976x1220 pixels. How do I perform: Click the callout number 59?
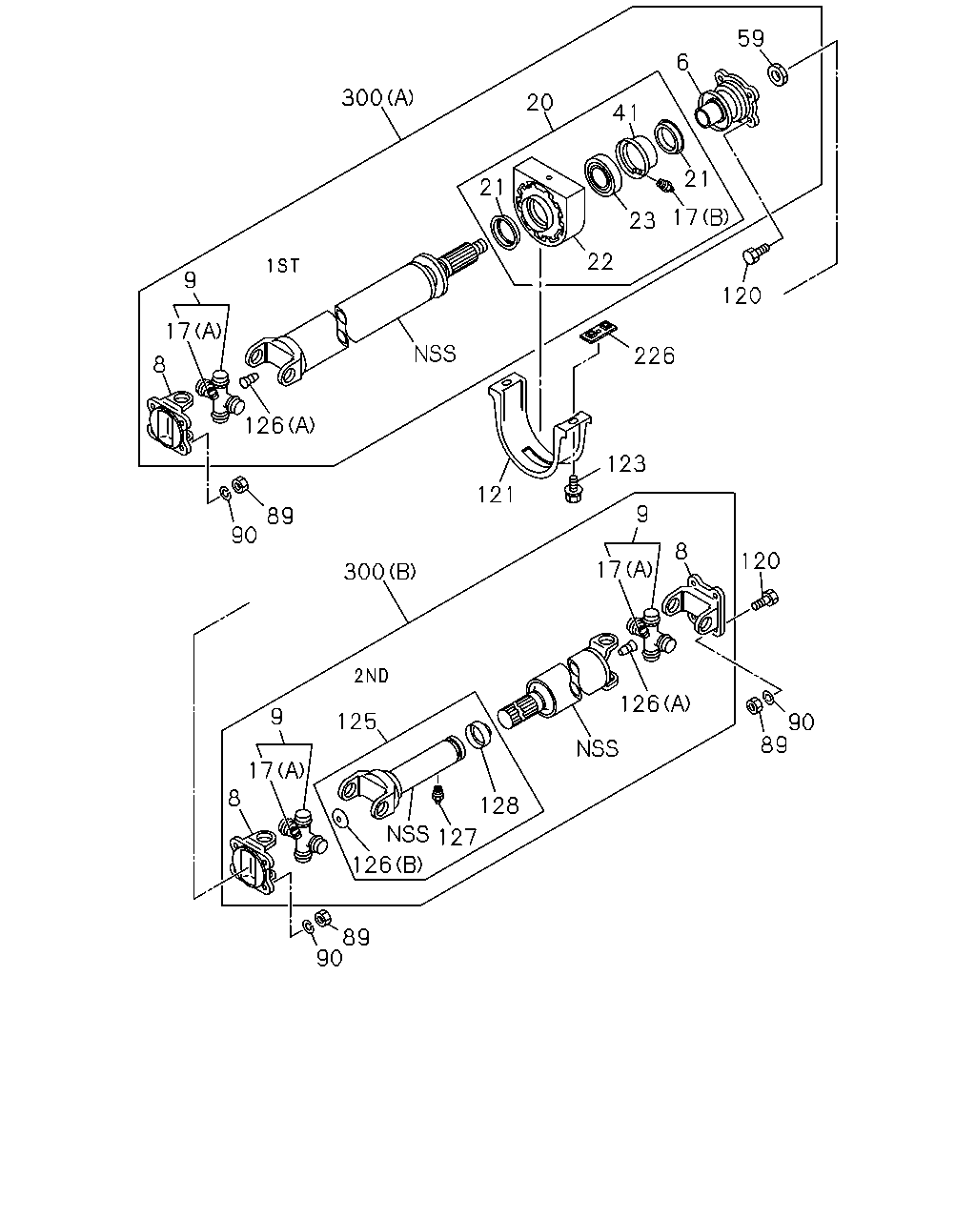coord(750,38)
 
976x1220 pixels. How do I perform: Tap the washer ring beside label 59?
coord(778,75)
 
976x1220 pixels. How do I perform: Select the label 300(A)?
coord(377,98)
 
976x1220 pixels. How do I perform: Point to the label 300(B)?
coord(380,572)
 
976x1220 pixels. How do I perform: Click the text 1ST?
coord(283,265)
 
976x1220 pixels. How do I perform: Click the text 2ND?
coord(372,676)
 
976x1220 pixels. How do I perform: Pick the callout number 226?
coord(654,356)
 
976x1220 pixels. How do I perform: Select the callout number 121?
coord(496,495)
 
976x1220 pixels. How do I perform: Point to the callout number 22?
coord(600,262)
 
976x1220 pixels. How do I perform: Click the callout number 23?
coord(642,220)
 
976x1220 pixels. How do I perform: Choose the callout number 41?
coord(625,113)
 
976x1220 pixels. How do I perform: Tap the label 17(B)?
coord(701,216)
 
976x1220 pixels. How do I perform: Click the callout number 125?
coord(357,722)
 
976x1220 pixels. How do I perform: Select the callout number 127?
coord(457,838)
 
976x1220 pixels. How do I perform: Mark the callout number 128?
coord(499,805)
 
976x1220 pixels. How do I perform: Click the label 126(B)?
coord(388,864)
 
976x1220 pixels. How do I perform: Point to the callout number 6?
coord(682,62)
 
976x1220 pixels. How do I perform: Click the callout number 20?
coord(539,103)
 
